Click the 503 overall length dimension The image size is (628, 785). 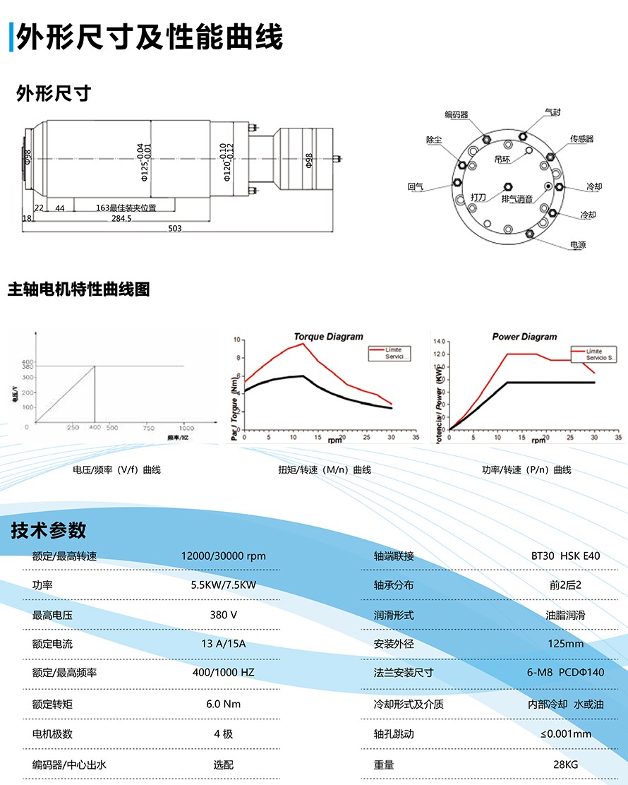click(x=175, y=229)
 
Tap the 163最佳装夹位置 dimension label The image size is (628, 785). click(x=126, y=208)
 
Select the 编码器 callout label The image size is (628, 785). click(x=457, y=114)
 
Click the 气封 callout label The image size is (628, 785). click(x=552, y=112)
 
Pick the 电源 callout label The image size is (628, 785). click(x=578, y=245)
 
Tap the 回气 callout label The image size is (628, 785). click(x=416, y=187)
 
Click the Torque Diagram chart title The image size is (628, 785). click(x=328, y=337)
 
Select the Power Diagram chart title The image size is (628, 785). click(x=524, y=337)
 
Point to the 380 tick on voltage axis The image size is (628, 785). click(x=27, y=366)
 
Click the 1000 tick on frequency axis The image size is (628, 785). click(x=185, y=429)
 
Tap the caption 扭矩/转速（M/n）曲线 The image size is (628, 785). click(x=325, y=469)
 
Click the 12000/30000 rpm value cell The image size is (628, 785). click(x=223, y=556)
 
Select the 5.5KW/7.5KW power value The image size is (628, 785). click(x=223, y=585)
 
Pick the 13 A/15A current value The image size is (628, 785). click(x=223, y=644)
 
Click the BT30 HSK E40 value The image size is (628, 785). click(x=565, y=556)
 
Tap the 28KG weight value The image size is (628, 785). click(x=565, y=765)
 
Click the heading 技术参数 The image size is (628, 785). click(x=49, y=531)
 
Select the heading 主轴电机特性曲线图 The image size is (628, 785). click(x=78, y=289)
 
